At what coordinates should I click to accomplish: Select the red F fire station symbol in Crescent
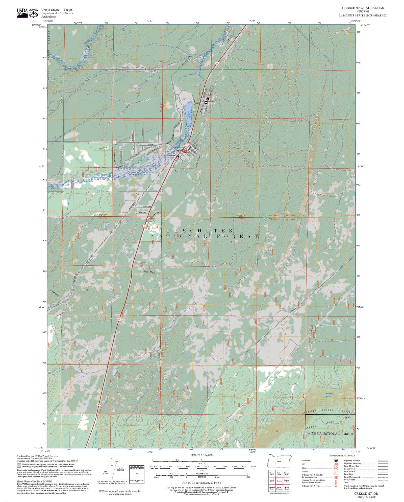coord(185,152)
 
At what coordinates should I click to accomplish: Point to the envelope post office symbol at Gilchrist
coord(206,102)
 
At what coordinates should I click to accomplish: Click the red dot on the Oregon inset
coord(275,463)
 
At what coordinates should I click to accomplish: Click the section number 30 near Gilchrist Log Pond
coord(177,131)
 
